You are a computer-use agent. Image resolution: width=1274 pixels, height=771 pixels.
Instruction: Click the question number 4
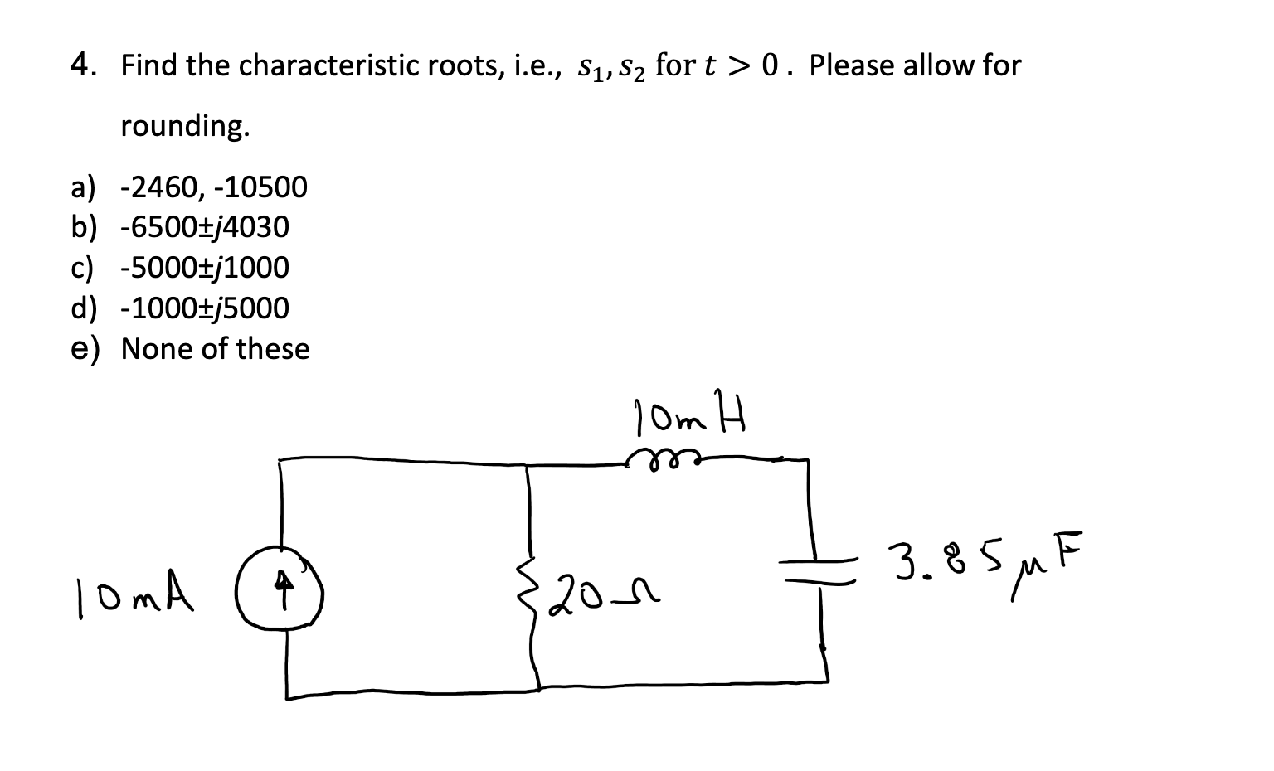(x=80, y=65)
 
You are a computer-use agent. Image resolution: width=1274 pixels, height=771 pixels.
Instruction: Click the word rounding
(x=185, y=126)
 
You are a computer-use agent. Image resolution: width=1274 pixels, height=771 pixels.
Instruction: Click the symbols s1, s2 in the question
(x=607, y=66)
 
